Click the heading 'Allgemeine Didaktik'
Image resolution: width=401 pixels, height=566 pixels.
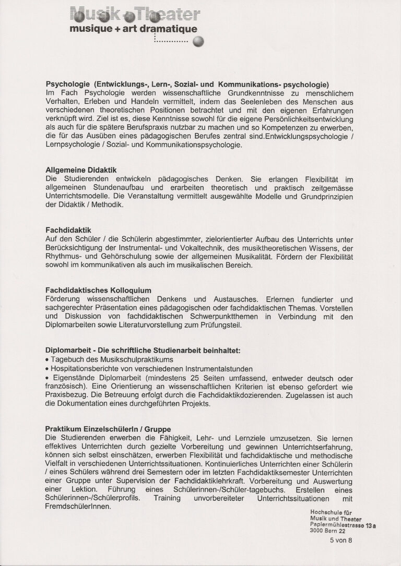tap(81, 170)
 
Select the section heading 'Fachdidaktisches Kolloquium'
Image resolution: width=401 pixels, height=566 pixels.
tap(98, 290)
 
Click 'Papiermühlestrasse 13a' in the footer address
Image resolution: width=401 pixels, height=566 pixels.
tap(343, 524)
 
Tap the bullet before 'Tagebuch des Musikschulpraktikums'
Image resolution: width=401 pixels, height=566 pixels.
tap(48, 360)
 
